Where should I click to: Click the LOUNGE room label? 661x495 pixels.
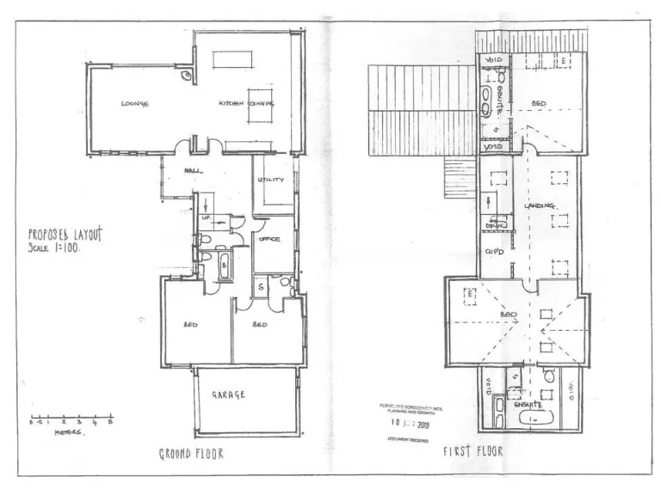[134, 104]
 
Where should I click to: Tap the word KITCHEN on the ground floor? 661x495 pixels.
[232, 103]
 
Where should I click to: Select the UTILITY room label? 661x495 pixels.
[272, 180]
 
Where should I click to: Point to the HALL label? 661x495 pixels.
[193, 170]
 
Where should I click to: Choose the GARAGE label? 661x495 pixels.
[229, 395]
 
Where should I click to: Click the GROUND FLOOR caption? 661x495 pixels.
[191, 453]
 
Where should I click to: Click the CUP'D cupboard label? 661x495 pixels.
[494, 252]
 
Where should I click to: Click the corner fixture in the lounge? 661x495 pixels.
[186, 76]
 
